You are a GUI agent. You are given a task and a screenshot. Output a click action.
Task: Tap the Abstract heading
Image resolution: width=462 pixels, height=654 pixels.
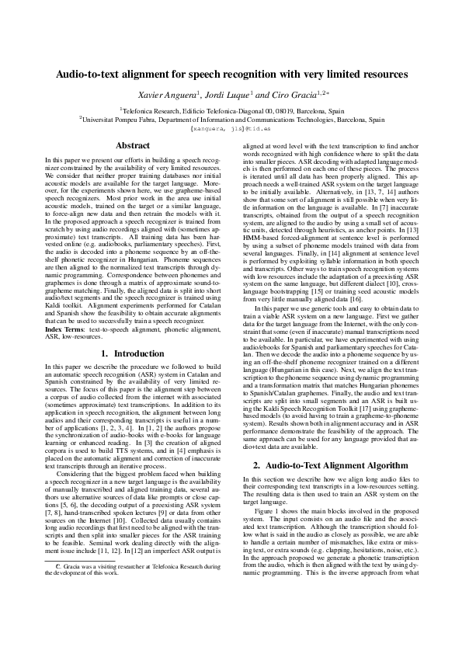(x=132, y=145)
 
